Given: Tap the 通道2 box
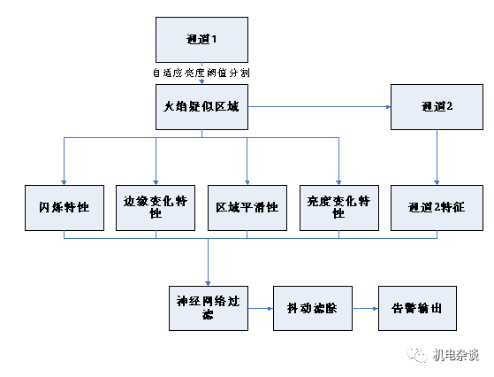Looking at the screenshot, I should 437,108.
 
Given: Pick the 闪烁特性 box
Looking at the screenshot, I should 65,208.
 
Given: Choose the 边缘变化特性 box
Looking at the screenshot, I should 156,208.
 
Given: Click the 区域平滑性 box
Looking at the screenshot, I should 247,208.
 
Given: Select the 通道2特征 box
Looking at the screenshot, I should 437,208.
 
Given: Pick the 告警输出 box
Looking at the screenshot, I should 417,308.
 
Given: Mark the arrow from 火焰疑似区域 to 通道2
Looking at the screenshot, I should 319,108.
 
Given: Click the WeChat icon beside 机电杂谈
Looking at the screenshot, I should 415,355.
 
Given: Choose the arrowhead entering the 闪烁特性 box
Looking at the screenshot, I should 65,181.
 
